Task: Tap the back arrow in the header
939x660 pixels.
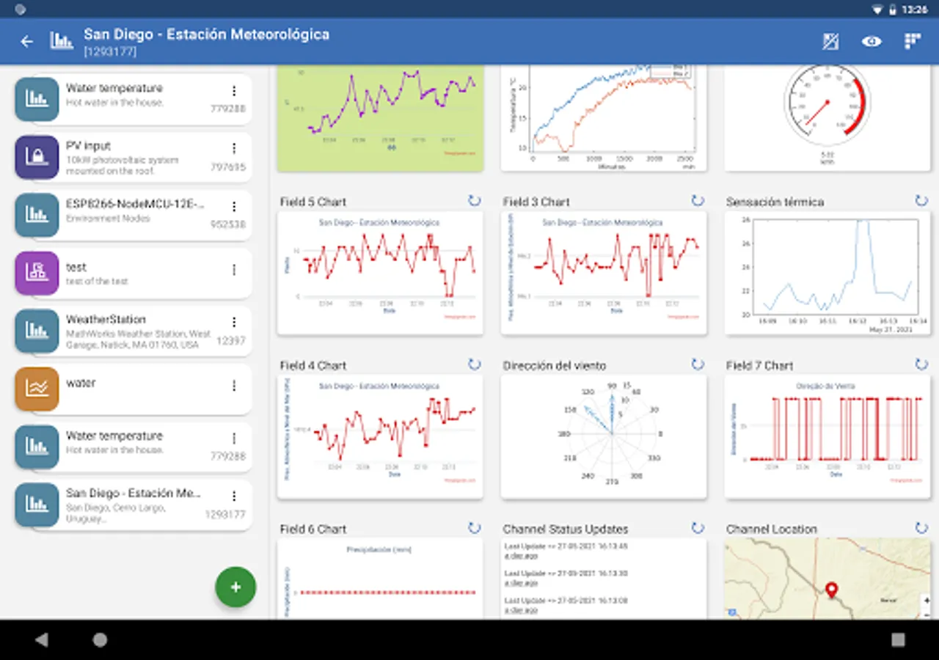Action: (x=27, y=42)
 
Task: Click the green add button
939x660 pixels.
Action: (x=235, y=587)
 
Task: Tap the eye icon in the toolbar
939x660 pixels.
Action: (x=872, y=42)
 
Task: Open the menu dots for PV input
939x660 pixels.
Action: (x=234, y=149)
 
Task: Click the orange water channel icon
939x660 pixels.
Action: (x=37, y=389)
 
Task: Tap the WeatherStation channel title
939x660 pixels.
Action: (x=106, y=320)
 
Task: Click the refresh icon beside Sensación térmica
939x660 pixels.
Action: (x=921, y=201)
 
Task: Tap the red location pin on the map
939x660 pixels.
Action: (x=831, y=590)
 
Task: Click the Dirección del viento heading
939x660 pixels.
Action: (x=555, y=365)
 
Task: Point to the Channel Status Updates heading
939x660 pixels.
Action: (x=566, y=529)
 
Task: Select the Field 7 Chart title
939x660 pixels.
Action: (x=759, y=365)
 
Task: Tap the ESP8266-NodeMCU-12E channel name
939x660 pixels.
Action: (x=135, y=204)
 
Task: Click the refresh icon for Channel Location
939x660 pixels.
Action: (x=921, y=528)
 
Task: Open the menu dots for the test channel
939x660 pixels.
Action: (x=234, y=270)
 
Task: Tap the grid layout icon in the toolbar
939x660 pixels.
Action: (x=912, y=42)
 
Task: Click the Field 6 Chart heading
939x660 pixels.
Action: (x=313, y=529)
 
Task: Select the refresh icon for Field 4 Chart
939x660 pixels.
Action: (x=474, y=364)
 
